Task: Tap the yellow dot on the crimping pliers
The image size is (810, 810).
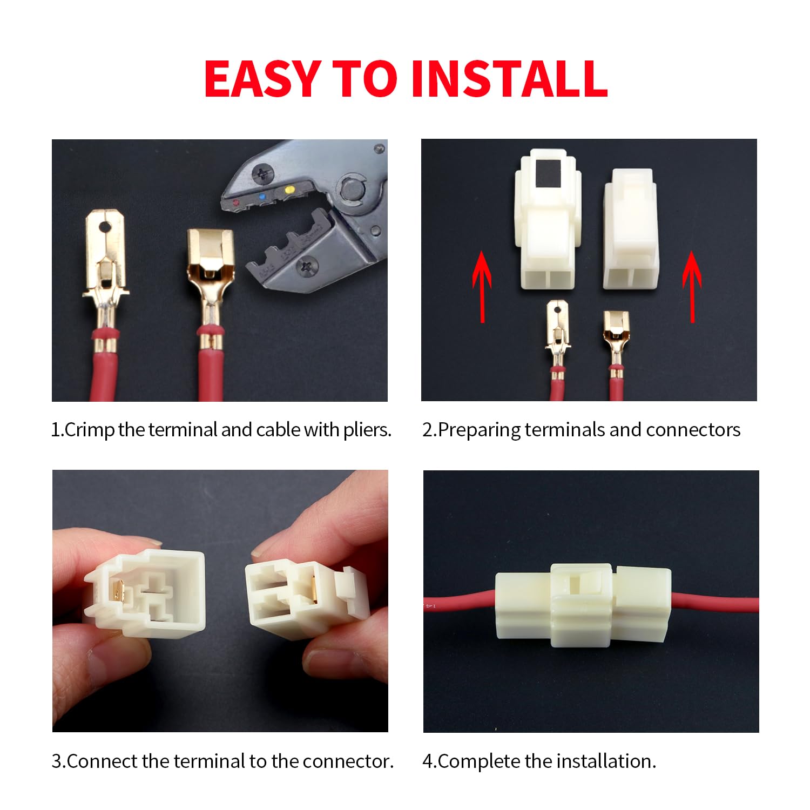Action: (x=289, y=190)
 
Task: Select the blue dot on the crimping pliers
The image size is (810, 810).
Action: (x=262, y=197)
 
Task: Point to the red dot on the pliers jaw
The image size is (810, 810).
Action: (x=235, y=202)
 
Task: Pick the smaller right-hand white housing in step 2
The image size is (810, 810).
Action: (x=631, y=230)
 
